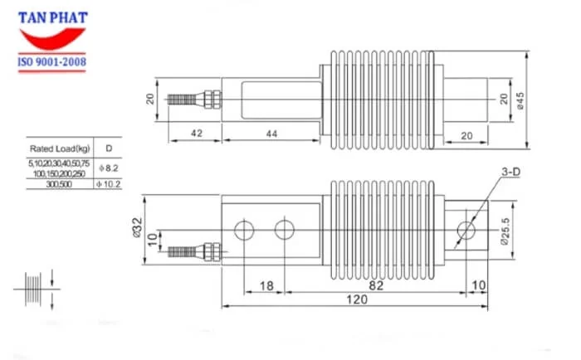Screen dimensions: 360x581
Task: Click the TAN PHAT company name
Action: (x=54, y=17)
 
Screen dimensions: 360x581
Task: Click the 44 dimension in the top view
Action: (x=272, y=134)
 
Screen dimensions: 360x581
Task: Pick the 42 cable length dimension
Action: (x=197, y=134)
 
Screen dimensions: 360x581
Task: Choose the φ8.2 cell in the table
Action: (x=110, y=168)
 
